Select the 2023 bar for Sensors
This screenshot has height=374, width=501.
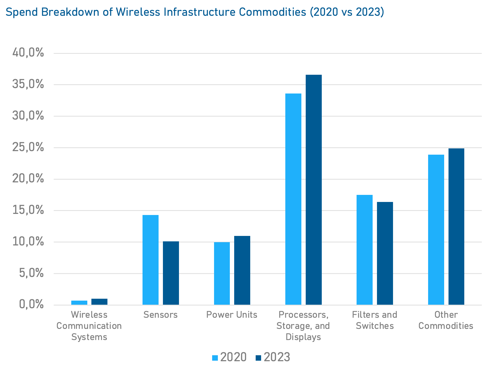tap(171, 273)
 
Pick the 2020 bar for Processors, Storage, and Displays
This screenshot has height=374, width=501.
tap(293, 199)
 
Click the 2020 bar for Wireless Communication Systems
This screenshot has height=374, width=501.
tap(79, 303)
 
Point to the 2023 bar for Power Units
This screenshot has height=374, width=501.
tap(242, 270)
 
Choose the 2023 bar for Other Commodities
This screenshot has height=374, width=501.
tap(456, 226)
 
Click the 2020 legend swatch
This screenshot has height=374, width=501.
tap(215, 358)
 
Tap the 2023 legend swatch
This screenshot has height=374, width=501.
tap(258, 358)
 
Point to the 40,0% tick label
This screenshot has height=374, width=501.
tap(28, 52)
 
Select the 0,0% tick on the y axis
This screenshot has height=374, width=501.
tap(31, 304)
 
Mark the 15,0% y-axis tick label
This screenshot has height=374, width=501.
tap(28, 210)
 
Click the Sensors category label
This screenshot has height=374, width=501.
tap(160, 315)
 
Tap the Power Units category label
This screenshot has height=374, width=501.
tap(232, 315)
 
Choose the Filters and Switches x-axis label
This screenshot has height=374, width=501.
tap(375, 320)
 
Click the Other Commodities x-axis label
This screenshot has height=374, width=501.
tap(446, 320)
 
